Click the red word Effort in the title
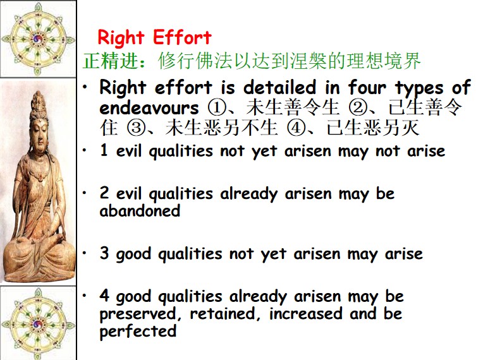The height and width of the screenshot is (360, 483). (x=182, y=37)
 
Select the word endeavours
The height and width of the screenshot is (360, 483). (x=149, y=108)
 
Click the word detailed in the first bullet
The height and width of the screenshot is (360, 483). (x=279, y=87)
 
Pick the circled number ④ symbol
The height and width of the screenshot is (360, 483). (x=296, y=128)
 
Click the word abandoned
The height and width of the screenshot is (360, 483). (x=140, y=211)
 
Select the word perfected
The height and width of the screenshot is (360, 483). (x=138, y=332)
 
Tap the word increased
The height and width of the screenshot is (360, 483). (x=305, y=313)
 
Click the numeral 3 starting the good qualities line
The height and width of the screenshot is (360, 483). (x=104, y=253)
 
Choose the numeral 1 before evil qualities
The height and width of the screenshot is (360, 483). (x=104, y=150)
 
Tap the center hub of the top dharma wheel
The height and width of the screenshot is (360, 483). (x=38, y=39)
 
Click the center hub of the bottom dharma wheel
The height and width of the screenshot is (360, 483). (x=37, y=324)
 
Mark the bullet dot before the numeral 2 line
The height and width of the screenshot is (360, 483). (x=85, y=193)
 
